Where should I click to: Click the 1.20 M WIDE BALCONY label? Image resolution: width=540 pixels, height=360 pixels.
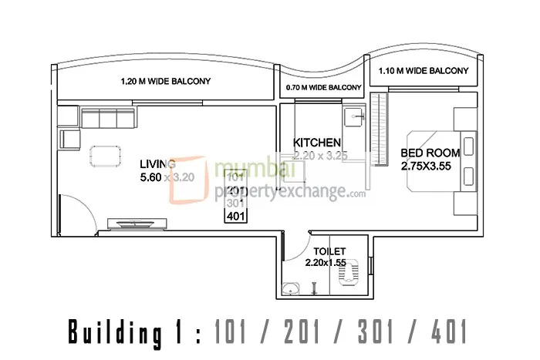pos(166,81)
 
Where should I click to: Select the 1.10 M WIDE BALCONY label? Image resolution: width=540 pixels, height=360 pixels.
pos(423,71)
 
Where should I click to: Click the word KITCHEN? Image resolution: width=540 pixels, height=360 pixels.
pos(317,143)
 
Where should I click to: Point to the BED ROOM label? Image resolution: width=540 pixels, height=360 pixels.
pos(430,153)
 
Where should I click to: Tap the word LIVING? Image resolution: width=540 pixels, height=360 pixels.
pos(157,163)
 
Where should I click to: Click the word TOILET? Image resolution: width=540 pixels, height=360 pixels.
pos(329,251)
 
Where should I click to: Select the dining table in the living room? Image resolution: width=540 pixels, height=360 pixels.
pos(107,155)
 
